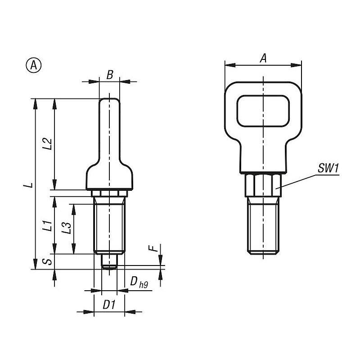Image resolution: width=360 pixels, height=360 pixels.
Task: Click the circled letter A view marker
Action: [x=33, y=65]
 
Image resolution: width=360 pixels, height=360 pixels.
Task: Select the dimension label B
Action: [x=110, y=75]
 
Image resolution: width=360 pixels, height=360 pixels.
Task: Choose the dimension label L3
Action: [x=67, y=228]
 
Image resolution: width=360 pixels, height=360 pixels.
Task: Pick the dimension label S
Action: [x=48, y=261]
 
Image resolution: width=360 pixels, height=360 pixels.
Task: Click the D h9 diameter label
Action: [x=139, y=282]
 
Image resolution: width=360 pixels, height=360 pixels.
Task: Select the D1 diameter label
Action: [x=108, y=305]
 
